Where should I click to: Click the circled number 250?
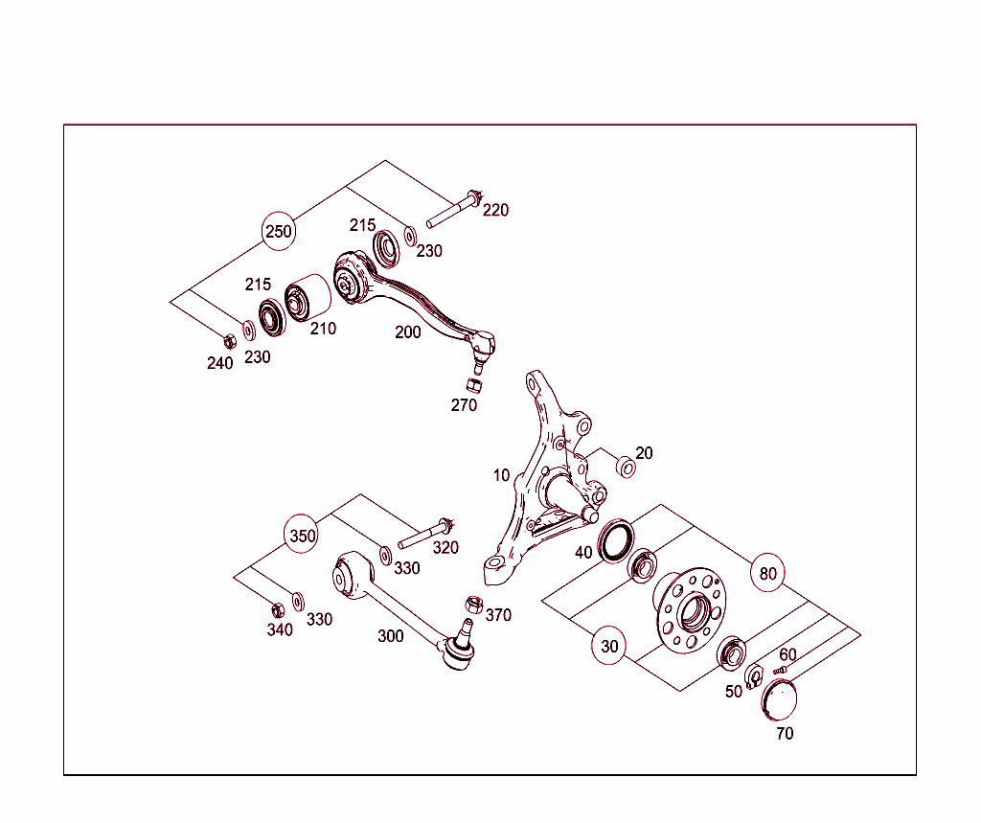pos(279,231)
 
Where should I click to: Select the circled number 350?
pos(303,536)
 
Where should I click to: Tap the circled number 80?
pos(767,573)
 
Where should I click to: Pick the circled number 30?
pos(610,646)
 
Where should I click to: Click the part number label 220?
pos(495,210)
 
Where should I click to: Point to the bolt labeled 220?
pos(454,213)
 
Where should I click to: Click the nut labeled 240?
pos(229,340)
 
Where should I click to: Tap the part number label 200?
pos(408,332)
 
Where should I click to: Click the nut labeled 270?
pos(472,385)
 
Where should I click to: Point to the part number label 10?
pos(502,475)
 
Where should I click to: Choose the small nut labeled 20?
pos(626,467)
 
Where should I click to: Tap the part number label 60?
pos(787,654)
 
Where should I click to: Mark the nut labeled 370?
pos(472,604)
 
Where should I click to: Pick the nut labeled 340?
pos(278,608)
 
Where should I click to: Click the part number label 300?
pos(390,635)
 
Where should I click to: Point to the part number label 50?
pos(734,692)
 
